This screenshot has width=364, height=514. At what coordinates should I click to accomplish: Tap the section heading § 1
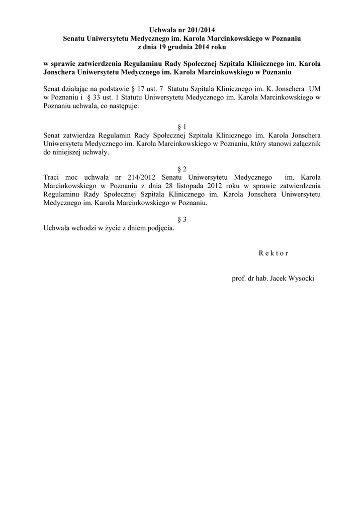tap(182, 127)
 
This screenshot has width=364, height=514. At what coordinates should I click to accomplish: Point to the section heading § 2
tap(182, 169)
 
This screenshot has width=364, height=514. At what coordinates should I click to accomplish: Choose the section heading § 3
tap(182, 219)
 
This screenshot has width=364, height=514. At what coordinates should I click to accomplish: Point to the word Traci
tap(52, 177)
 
